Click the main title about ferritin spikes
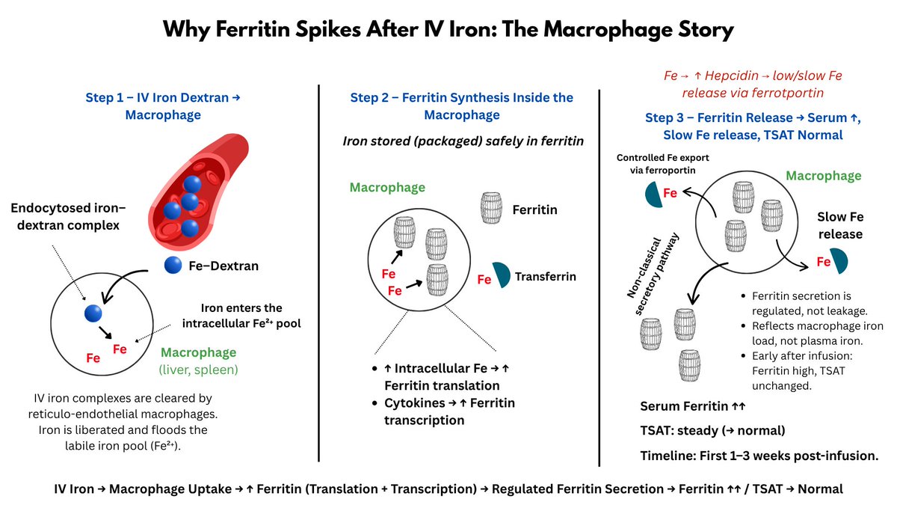pyautogui.click(x=449, y=31)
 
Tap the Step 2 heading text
pyautogui.click(x=461, y=105)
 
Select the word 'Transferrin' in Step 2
pyautogui.click(x=546, y=277)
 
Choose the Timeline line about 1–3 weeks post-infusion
pyautogui.click(x=759, y=455)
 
